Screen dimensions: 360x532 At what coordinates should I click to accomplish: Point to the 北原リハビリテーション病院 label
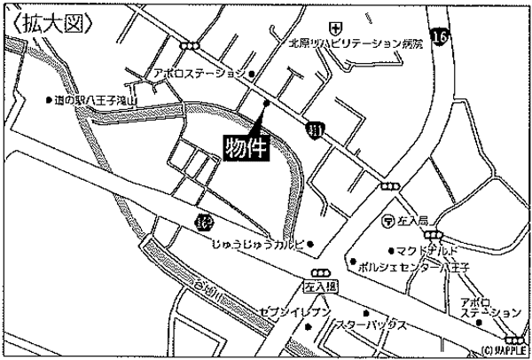click(348, 42)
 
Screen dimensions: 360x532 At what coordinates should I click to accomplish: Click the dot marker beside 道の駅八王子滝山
click(49, 100)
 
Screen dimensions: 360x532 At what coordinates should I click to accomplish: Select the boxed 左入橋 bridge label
click(320, 288)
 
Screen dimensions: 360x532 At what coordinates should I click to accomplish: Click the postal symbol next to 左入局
click(388, 219)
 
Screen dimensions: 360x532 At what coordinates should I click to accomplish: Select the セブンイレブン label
click(295, 311)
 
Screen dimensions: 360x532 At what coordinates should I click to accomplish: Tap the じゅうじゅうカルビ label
click(257, 242)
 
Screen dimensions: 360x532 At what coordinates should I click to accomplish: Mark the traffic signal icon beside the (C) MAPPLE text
click(512, 339)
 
